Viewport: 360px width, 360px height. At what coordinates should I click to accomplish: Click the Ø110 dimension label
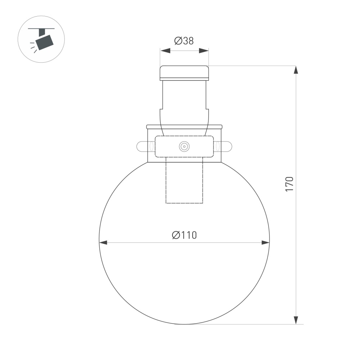[184, 235]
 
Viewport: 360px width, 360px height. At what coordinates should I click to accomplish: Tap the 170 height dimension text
[289, 184]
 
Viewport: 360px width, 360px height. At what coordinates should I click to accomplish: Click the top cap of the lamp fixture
[184, 72]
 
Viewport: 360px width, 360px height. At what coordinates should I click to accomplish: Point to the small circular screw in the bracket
[184, 146]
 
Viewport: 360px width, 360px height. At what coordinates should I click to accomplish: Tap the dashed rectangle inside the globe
[184, 182]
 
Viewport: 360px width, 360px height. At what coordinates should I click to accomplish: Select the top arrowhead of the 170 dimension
[296, 70]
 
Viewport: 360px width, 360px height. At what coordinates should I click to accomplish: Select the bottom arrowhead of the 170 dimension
[296, 320]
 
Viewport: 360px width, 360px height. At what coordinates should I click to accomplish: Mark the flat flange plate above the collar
[184, 127]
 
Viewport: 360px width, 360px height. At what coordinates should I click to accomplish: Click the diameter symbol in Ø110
[176, 235]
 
